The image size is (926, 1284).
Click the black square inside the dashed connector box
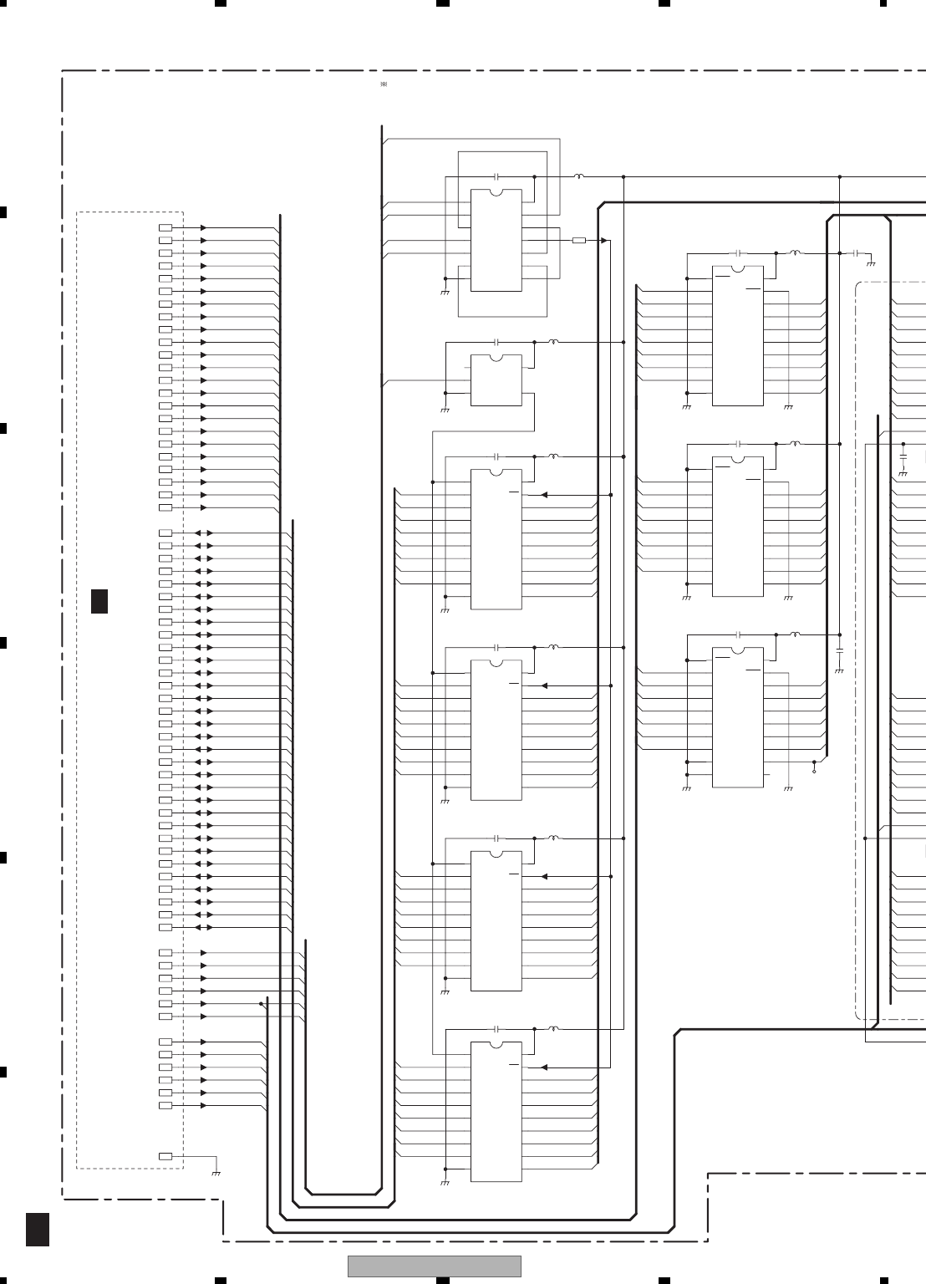[99, 601]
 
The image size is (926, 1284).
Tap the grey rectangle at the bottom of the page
[434, 1266]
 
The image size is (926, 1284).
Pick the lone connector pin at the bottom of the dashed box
[165, 1156]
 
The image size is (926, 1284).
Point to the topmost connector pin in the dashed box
[165, 227]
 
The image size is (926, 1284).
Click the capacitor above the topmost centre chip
[496, 177]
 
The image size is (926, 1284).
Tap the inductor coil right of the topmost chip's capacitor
[578, 177]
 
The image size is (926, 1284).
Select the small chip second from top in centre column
[496, 380]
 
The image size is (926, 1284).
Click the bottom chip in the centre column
[496, 1112]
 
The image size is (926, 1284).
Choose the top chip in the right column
[737, 336]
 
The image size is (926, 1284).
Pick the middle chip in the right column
[737, 527]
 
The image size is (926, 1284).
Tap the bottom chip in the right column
[737, 717]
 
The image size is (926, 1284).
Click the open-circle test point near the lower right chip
[814, 772]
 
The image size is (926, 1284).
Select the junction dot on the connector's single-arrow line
[261, 1003]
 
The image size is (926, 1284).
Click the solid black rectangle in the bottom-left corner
[37, 1230]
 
